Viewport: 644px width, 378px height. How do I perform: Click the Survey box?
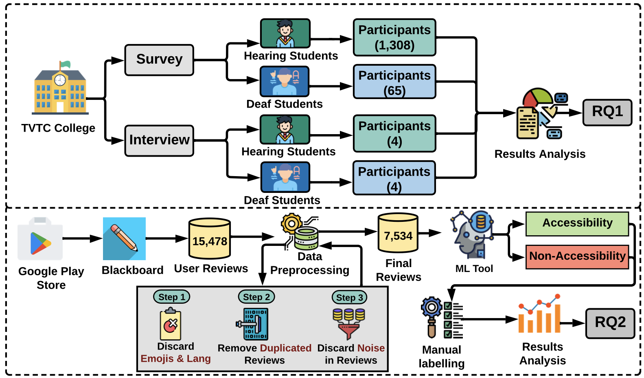pyautogui.click(x=159, y=60)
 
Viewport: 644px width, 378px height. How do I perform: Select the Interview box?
pyautogui.click(x=159, y=140)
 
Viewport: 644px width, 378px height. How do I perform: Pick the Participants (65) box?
pyautogui.click(x=394, y=82)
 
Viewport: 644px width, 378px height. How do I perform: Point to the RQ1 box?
pyautogui.click(x=607, y=112)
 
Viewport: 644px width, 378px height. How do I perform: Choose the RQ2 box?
pyautogui.click(x=610, y=323)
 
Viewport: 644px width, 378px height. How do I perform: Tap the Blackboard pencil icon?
pyautogui.click(x=124, y=239)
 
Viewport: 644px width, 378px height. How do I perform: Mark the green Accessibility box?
pyautogui.click(x=577, y=223)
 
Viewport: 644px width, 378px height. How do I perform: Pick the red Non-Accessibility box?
pyautogui.click(x=577, y=256)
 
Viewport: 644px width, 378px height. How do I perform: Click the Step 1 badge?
pyautogui.click(x=172, y=297)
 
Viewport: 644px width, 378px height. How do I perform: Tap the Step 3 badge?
pyautogui.click(x=349, y=297)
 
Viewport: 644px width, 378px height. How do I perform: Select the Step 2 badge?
pyautogui.click(x=256, y=297)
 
